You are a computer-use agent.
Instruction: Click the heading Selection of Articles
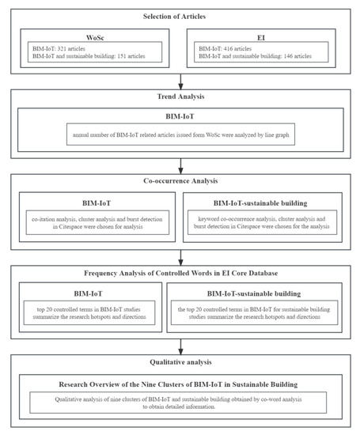[x=181, y=17]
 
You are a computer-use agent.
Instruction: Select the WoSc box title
[x=95, y=36]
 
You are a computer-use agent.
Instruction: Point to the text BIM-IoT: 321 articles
[x=59, y=47]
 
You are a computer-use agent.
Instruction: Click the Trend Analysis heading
[x=181, y=97]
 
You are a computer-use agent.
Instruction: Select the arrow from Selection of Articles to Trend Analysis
[x=181, y=81]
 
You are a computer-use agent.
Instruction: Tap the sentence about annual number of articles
[x=181, y=134]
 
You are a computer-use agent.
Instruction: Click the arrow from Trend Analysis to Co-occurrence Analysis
[x=181, y=165]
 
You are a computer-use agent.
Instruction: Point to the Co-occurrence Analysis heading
[x=181, y=181]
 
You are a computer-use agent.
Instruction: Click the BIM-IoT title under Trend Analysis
[x=181, y=117]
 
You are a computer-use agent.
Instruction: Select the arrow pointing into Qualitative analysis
[x=181, y=345]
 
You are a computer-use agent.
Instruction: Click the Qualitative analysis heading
[x=181, y=361]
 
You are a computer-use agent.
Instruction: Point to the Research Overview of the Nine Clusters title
[x=181, y=384]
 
